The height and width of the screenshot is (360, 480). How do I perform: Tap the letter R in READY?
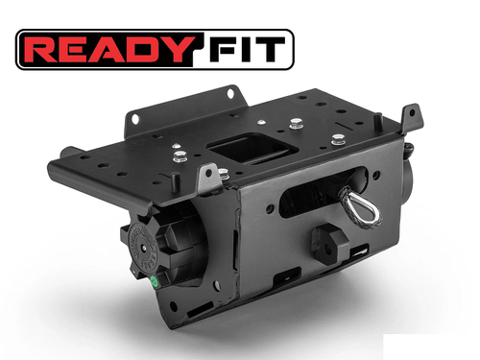pos(44,49)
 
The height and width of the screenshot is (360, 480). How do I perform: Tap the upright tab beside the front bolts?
pos(205,179)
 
